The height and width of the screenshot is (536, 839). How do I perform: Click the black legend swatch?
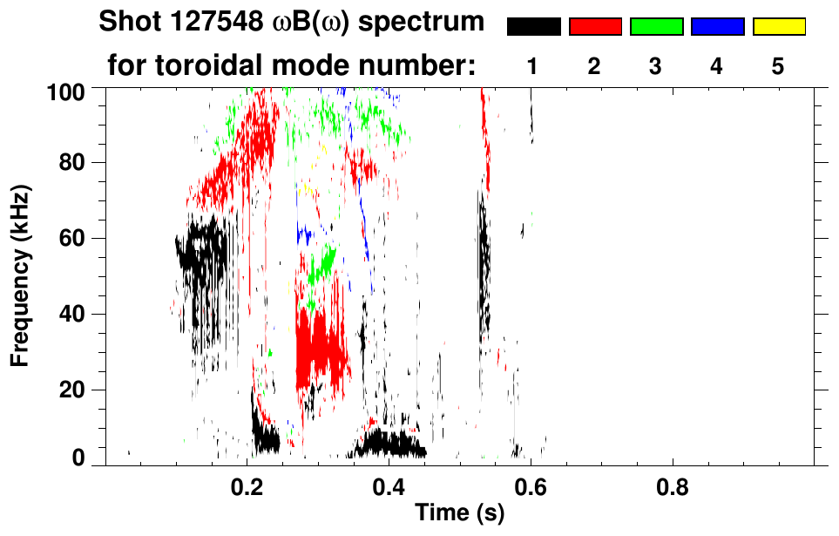(x=533, y=27)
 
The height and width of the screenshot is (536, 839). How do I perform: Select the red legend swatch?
(x=595, y=27)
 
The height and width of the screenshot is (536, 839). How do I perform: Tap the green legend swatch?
(x=656, y=27)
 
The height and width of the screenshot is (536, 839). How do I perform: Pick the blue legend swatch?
(x=717, y=27)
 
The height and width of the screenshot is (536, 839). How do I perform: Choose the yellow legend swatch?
(x=779, y=27)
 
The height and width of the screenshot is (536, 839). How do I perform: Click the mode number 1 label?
(x=532, y=67)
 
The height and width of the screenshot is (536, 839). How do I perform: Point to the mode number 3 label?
(x=655, y=67)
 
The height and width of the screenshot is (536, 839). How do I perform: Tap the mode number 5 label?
(x=778, y=67)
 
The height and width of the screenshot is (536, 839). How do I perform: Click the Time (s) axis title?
(x=458, y=514)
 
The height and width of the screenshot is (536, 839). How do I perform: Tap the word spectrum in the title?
(x=427, y=23)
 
